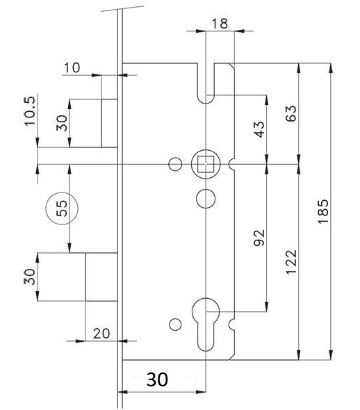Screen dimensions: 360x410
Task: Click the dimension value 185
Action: [x=323, y=211]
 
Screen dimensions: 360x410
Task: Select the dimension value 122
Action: [x=291, y=262]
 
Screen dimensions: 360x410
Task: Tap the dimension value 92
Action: [x=259, y=238]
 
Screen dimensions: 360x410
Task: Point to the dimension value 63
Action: [x=291, y=113]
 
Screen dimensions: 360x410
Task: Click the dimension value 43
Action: [x=259, y=129]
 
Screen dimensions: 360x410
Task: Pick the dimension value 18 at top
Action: [x=220, y=23]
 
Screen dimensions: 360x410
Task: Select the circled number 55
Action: [x=62, y=208]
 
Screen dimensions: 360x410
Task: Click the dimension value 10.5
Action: [x=30, y=110]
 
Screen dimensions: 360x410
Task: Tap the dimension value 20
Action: [x=101, y=334]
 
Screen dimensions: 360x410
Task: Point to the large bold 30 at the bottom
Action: [x=157, y=379]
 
